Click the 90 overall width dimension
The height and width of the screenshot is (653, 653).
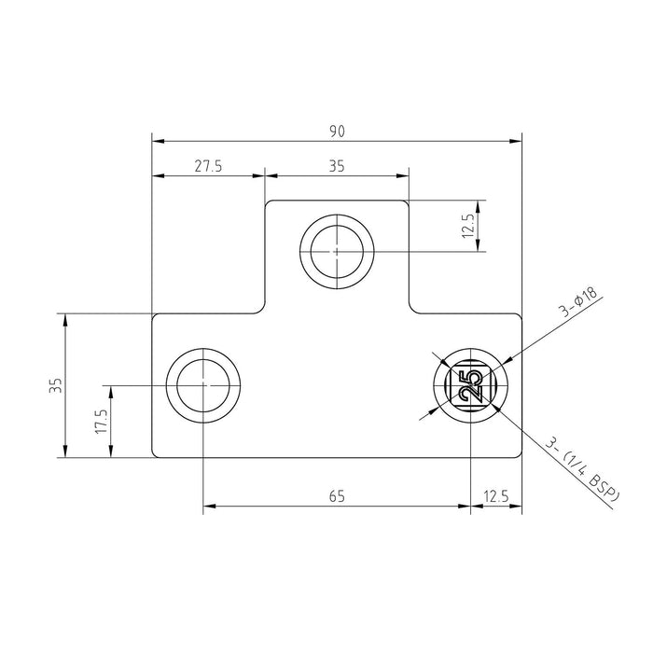338,132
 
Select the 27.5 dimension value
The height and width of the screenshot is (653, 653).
208,166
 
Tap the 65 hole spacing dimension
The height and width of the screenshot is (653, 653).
337,496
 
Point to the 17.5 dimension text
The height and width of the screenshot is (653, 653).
101,421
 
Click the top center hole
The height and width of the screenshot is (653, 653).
337,252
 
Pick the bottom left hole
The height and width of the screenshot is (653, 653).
202,385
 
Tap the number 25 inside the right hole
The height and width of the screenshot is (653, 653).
470,385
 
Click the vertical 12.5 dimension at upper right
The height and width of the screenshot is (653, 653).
468,226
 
